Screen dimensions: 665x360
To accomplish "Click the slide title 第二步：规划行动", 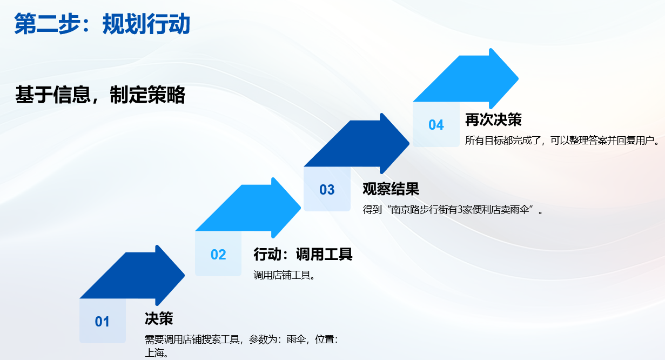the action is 102,25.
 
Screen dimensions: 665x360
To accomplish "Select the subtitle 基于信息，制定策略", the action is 100,95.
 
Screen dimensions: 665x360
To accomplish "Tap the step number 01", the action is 102,322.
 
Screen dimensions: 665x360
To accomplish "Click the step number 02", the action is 218,255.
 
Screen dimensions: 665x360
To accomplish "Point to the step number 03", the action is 327,190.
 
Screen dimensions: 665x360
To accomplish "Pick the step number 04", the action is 436,125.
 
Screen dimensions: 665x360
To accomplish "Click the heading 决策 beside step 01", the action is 159,318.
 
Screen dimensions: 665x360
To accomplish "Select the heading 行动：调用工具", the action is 303,254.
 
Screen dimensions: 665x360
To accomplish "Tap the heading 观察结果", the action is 391,189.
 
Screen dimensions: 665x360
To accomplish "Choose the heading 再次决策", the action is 493,119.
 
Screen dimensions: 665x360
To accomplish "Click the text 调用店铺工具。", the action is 284,275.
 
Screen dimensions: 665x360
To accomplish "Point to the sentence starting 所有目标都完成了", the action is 562,141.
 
